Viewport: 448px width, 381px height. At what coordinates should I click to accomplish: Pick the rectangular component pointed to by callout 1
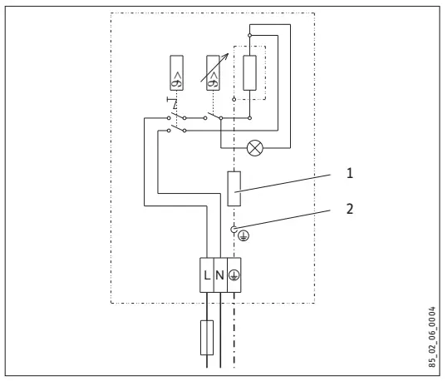click(235, 189)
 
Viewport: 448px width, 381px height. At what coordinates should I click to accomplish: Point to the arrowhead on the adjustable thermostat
click(224, 50)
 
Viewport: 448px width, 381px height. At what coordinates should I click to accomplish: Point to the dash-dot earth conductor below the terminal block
click(235, 333)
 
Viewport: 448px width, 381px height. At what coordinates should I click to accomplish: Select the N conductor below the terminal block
click(220, 333)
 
